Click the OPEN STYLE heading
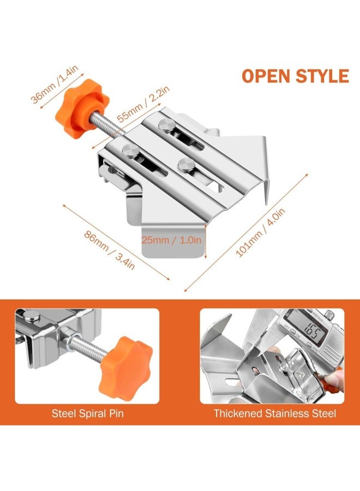[x=295, y=76]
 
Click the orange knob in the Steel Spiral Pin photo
[x=130, y=359]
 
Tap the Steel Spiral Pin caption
[x=87, y=414]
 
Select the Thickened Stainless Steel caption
[x=274, y=414]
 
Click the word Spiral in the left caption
[x=87, y=414]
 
